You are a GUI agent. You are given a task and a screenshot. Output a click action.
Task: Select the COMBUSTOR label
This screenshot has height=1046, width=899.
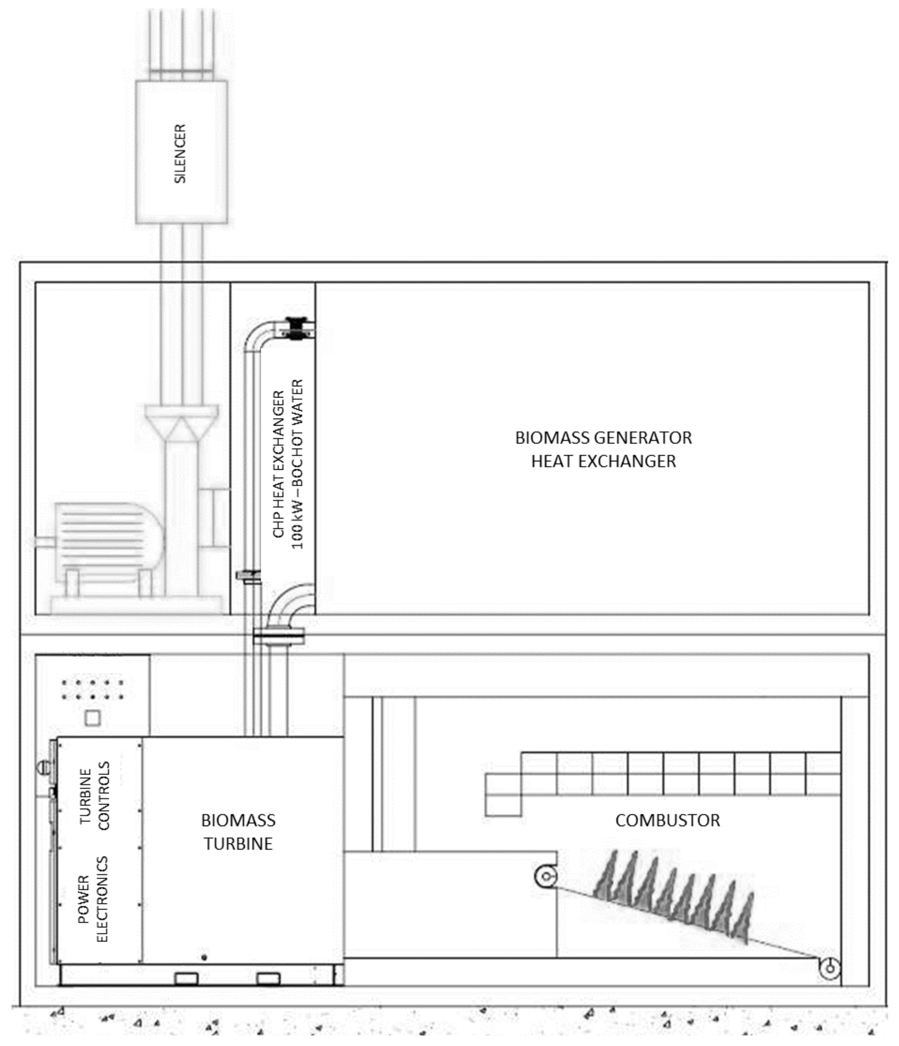click(667, 820)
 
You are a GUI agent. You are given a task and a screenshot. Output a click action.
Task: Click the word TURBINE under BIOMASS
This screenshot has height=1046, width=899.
click(238, 844)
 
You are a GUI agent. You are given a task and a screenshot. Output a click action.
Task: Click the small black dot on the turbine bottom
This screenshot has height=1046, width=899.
click(204, 957)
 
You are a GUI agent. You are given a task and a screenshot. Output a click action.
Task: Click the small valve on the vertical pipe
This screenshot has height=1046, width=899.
click(247, 576)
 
